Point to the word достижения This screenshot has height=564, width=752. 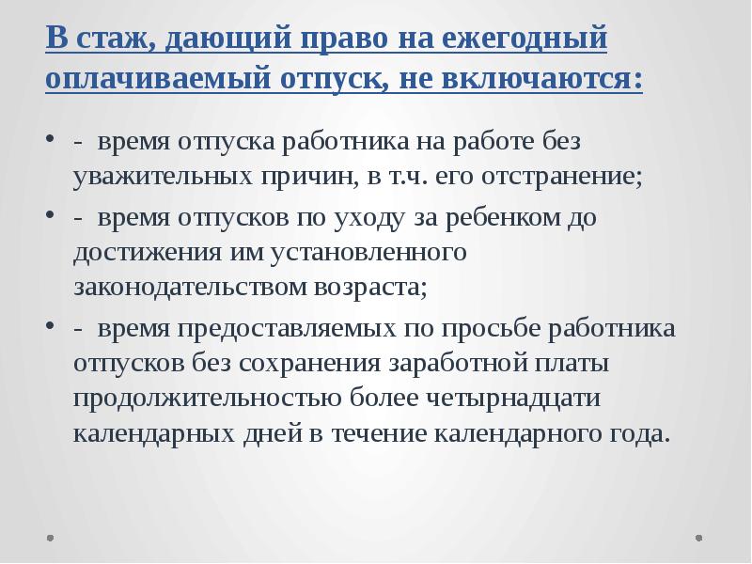pos(144,253)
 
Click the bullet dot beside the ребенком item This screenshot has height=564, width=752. pos(50,218)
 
